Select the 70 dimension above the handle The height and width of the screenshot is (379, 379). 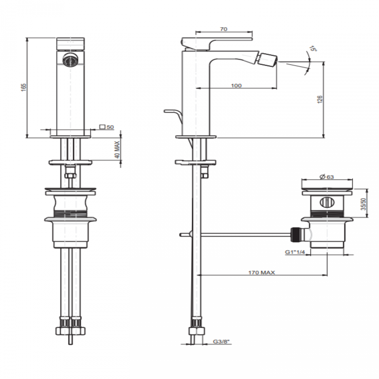pos(224,29)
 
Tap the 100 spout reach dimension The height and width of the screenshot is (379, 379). pos(236,85)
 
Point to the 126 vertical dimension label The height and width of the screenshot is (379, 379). pos(320,99)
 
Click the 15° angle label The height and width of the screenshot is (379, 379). pos(313,49)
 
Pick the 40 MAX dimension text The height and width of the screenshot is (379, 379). pos(117,150)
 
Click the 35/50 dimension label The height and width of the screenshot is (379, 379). pos(363,204)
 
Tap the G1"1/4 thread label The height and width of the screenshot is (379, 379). pos(295,252)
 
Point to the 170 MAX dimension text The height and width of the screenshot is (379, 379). pos(261,273)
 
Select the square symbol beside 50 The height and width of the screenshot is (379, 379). pos(102,127)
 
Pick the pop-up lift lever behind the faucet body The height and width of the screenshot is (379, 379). pos(174,114)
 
